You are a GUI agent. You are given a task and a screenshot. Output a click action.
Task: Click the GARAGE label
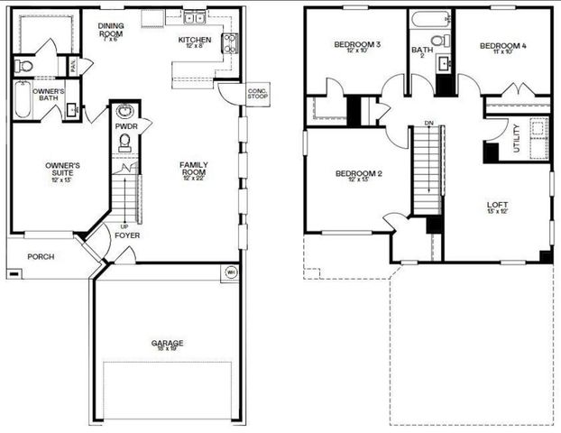167,344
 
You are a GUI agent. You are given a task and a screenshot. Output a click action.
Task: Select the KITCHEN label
194,41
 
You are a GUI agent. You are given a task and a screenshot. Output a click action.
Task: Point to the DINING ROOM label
111,29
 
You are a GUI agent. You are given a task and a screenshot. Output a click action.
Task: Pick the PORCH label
41,256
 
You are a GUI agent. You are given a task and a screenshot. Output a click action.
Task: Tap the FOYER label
127,235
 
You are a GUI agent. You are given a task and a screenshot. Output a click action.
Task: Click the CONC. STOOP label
257,94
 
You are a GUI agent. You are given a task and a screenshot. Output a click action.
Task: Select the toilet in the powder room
124,146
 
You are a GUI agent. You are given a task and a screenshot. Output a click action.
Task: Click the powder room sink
125,112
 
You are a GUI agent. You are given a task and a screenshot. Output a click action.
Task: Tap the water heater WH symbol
230,271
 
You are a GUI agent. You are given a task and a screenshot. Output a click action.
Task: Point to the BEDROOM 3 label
357,46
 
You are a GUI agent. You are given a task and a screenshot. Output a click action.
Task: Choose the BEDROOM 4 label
502,47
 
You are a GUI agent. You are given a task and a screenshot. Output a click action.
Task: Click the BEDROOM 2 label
359,176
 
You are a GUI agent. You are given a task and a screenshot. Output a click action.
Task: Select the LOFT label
498,207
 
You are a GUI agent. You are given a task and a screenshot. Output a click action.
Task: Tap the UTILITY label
516,140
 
